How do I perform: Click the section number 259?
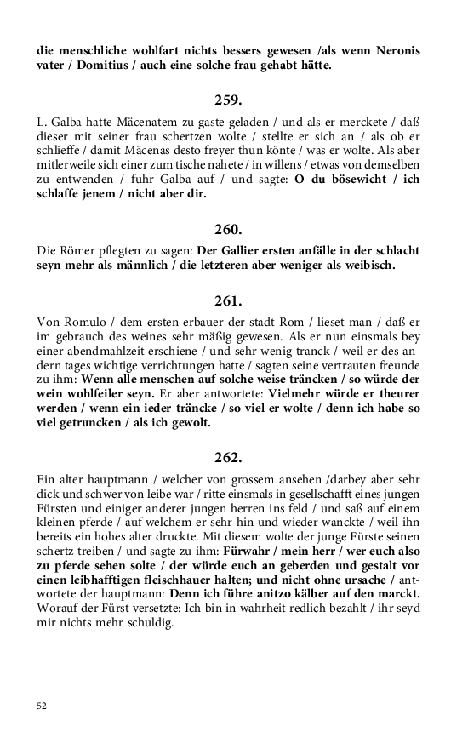tap(228, 100)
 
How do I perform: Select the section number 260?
tap(228, 228)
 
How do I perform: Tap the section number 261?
tap(228, 300)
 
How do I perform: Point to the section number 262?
tap(228, 457)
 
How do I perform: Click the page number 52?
tap(43, 706)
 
